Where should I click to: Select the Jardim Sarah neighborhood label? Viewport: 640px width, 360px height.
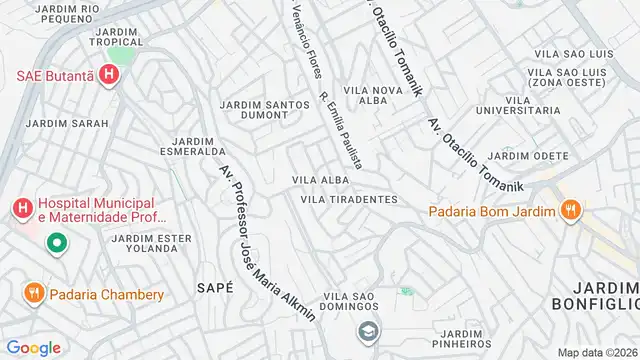coord(58,123)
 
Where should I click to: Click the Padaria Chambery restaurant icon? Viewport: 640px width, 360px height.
coord(32,294)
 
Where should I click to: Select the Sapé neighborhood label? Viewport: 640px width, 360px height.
coord(216,287)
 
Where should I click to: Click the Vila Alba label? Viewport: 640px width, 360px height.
coord(319,180)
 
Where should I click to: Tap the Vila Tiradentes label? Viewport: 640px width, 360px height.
coord(349,199)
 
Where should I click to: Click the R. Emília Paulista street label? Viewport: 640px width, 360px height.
coord(340,131)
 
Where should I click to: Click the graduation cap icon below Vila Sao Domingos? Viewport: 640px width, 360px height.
coord(369,329)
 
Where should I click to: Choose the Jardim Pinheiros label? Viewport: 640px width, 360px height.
coord(461,340)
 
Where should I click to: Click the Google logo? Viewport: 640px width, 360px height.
coord(33,347)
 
